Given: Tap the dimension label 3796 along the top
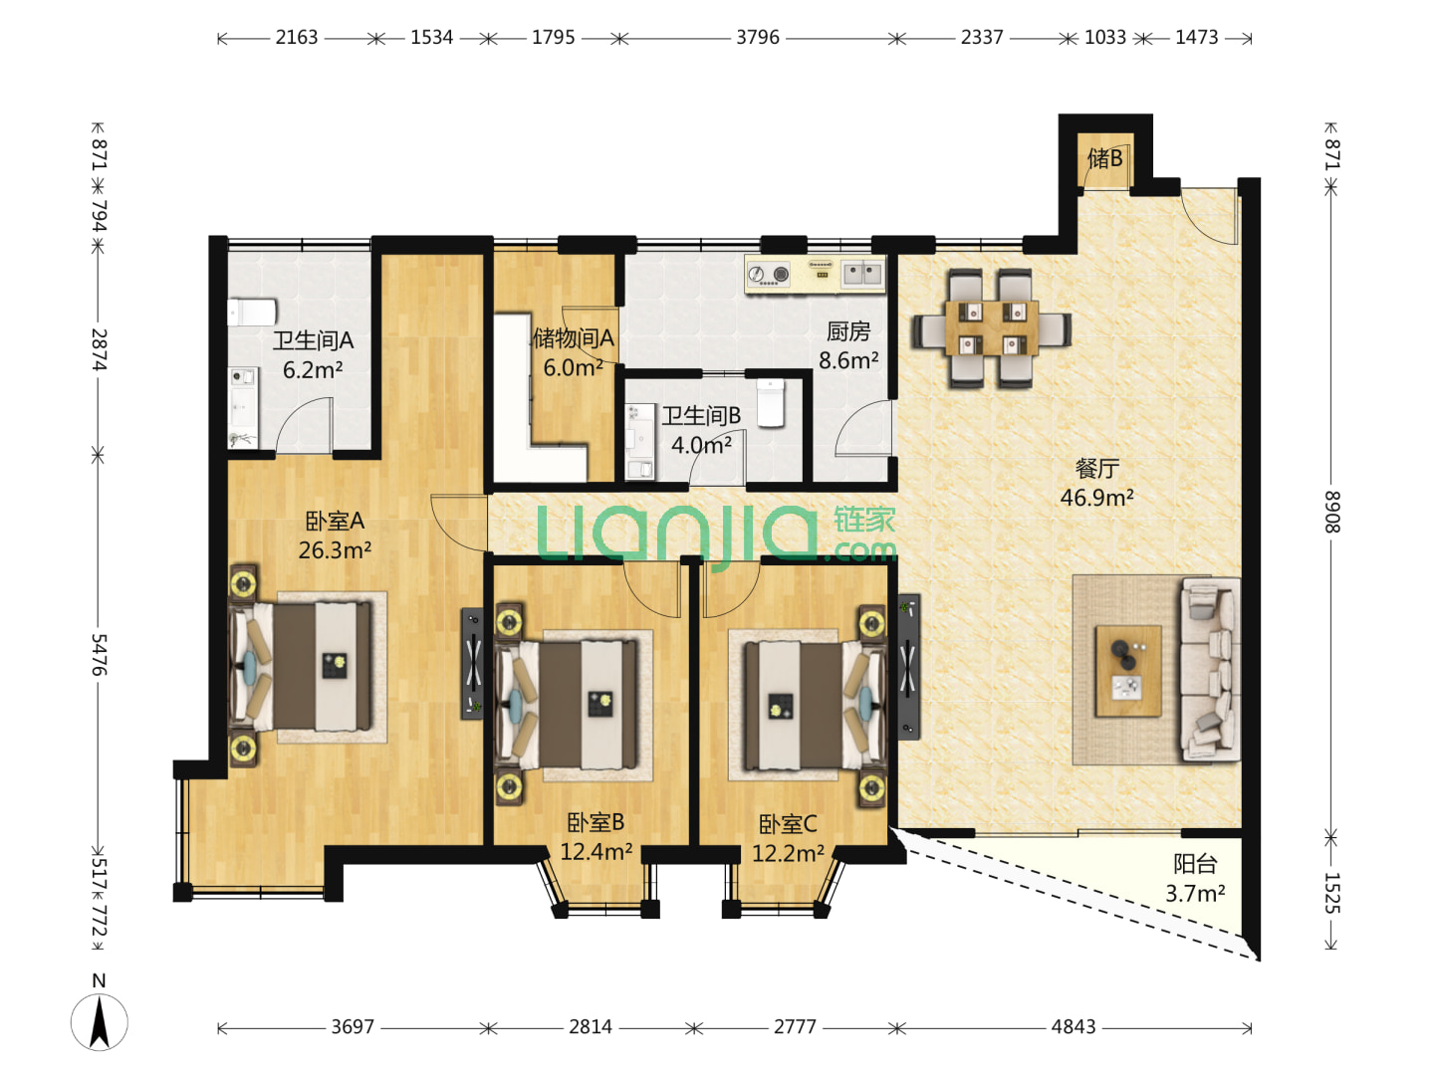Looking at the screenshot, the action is pos(757,37).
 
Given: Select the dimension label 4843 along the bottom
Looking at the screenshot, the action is pos(1073,1027).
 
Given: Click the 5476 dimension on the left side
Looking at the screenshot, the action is pos(99,654).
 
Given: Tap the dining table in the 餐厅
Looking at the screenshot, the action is pos(992,328).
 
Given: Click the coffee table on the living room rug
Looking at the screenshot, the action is pos(1128,671).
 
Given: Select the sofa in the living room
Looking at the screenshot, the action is pos(1210,670).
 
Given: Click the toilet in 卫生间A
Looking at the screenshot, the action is pos(252,312).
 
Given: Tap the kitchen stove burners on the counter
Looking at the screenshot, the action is pos(768,274).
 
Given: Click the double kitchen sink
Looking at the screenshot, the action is pos(862,273).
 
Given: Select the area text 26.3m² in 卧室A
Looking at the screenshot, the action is pos(335,550).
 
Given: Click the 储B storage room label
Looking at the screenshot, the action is pos(1104,158).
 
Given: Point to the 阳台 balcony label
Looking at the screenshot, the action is pos(1195,864).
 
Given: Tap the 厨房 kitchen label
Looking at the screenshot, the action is pos(848,331).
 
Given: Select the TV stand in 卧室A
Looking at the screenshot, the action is pos(472,664).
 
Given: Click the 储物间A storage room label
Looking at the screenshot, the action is pos(573,338).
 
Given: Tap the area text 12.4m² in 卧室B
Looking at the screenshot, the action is pos(596,852).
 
